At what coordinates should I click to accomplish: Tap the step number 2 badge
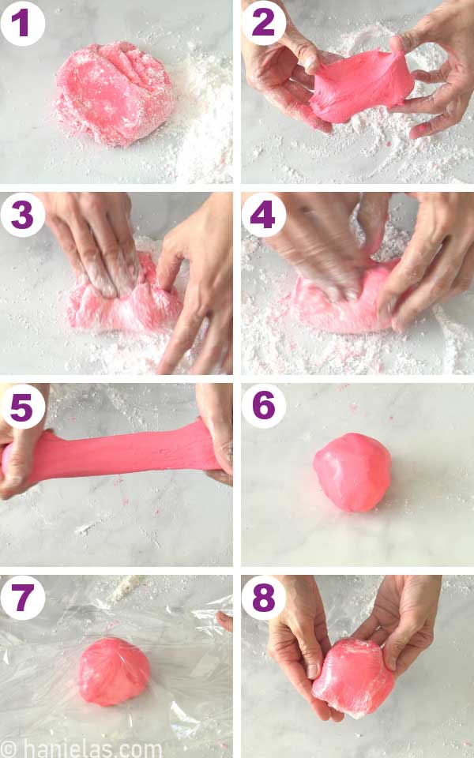[264, 22]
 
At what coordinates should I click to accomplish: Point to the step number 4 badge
[264, 214]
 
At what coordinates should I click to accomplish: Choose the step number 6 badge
[264, 407]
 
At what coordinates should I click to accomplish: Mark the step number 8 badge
[264, 598]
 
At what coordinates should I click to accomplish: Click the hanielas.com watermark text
[83, 747]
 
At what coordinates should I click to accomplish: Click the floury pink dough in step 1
[115, 93]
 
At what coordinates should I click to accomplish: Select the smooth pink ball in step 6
[352, 471]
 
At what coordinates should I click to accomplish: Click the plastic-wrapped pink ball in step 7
[113, 671]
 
